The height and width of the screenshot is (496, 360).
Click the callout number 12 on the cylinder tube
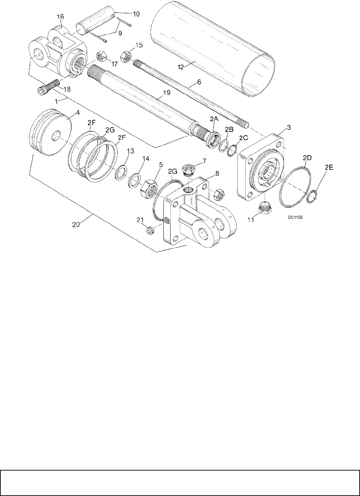pos(181,67)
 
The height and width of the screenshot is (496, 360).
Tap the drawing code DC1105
pos(295,217)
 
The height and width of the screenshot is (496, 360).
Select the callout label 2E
pos(329,168)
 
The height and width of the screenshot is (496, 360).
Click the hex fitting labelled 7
pos(188,170)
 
